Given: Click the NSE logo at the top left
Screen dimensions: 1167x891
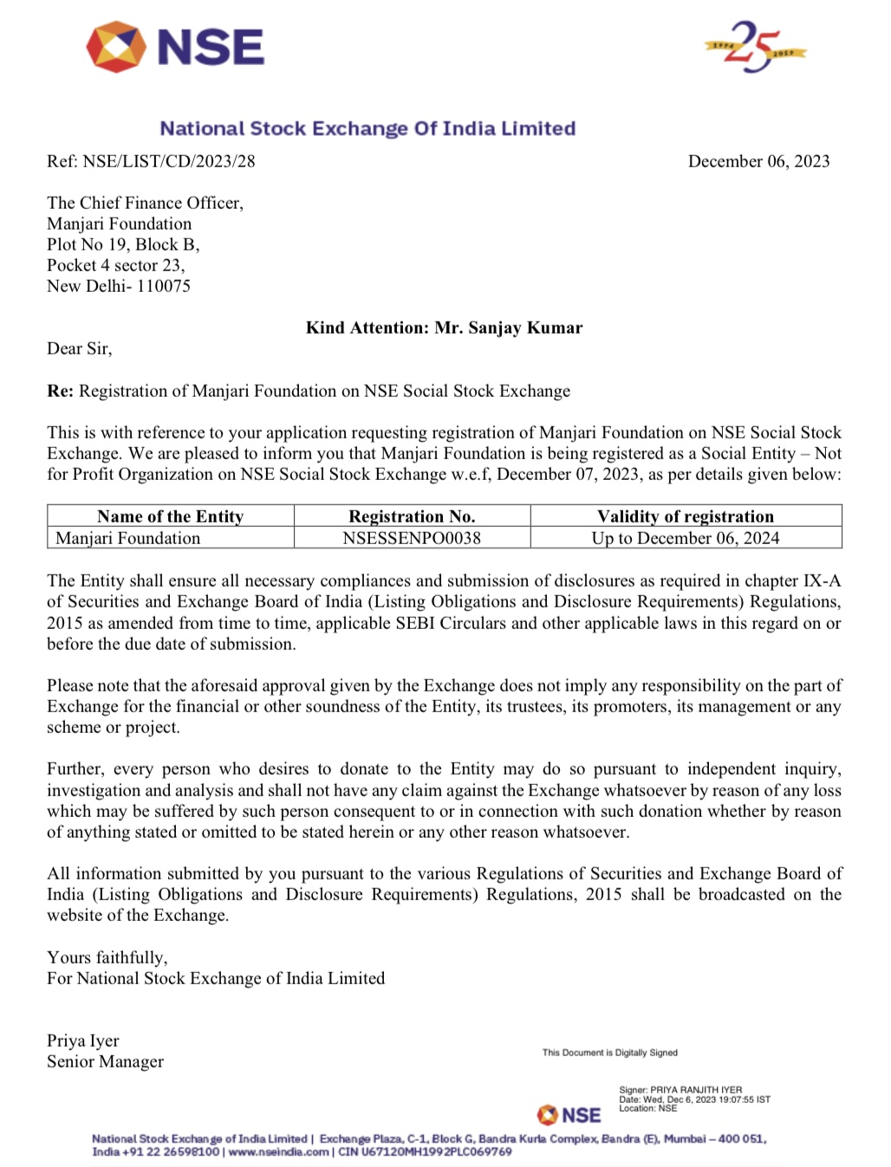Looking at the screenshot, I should click(x=176, y=47).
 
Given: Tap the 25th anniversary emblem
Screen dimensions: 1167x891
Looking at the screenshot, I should click(x=754, y=47).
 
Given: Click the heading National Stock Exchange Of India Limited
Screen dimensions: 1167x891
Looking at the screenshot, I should click(x=367, y=128).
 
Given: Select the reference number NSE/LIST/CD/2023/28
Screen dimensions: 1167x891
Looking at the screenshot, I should click(x=169, y=161).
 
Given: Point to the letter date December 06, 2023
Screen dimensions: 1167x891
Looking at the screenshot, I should click(x=758, y=161).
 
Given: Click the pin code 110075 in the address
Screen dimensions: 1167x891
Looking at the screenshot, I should click(x=164, y=286).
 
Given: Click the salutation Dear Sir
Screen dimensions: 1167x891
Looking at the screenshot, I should click(x=79, y=348).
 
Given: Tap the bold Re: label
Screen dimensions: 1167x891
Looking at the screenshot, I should click(x=60, y=391).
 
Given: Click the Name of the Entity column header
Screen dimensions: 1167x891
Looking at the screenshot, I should click(x=171, y=516).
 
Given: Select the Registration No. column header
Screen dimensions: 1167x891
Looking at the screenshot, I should click(x=412, y=516).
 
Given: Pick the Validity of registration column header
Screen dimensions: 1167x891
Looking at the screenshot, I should click(x=686, y=516).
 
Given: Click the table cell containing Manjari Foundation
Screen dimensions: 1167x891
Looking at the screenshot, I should click(x=128, y=538).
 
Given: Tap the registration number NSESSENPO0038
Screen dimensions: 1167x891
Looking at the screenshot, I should click(x=412, y=538).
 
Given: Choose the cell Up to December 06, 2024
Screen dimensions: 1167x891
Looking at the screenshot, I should click(x=686, y=538).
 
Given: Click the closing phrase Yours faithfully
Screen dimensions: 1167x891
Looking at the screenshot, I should click(x=107, y=957).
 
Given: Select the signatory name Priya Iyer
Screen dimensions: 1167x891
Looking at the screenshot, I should click(x=83, y=1041).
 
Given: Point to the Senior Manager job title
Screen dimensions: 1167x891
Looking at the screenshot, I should click(x=105, y=1061).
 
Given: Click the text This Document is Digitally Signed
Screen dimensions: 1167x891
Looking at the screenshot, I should click(x=610, y=1053).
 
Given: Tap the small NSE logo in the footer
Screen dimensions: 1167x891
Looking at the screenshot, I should click(x=569, y=1114).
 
